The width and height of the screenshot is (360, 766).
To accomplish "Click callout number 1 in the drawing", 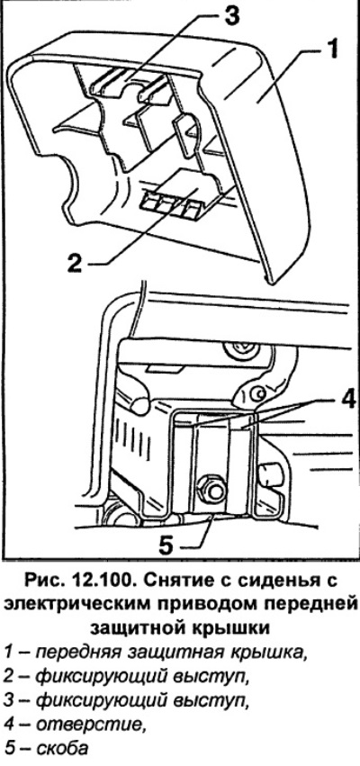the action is click(332, 50).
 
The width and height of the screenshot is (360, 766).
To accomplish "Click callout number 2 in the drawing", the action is click(76, 265).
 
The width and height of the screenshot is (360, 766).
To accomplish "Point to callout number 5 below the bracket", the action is click(166, 545).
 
